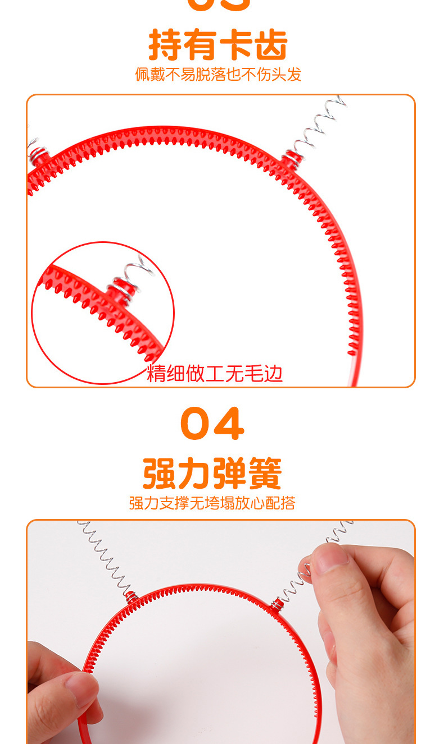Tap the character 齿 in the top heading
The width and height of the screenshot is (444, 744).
point(271,45)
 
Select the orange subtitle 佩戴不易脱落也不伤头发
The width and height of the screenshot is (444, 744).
point(218,74)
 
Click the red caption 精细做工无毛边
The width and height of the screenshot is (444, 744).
point(215,373)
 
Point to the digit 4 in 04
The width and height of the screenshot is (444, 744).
point(229,424)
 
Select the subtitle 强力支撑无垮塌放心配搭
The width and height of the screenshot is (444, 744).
point(212,503)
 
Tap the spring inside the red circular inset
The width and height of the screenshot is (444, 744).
point(135,272)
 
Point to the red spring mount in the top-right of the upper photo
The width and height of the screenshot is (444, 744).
point(291,158)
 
